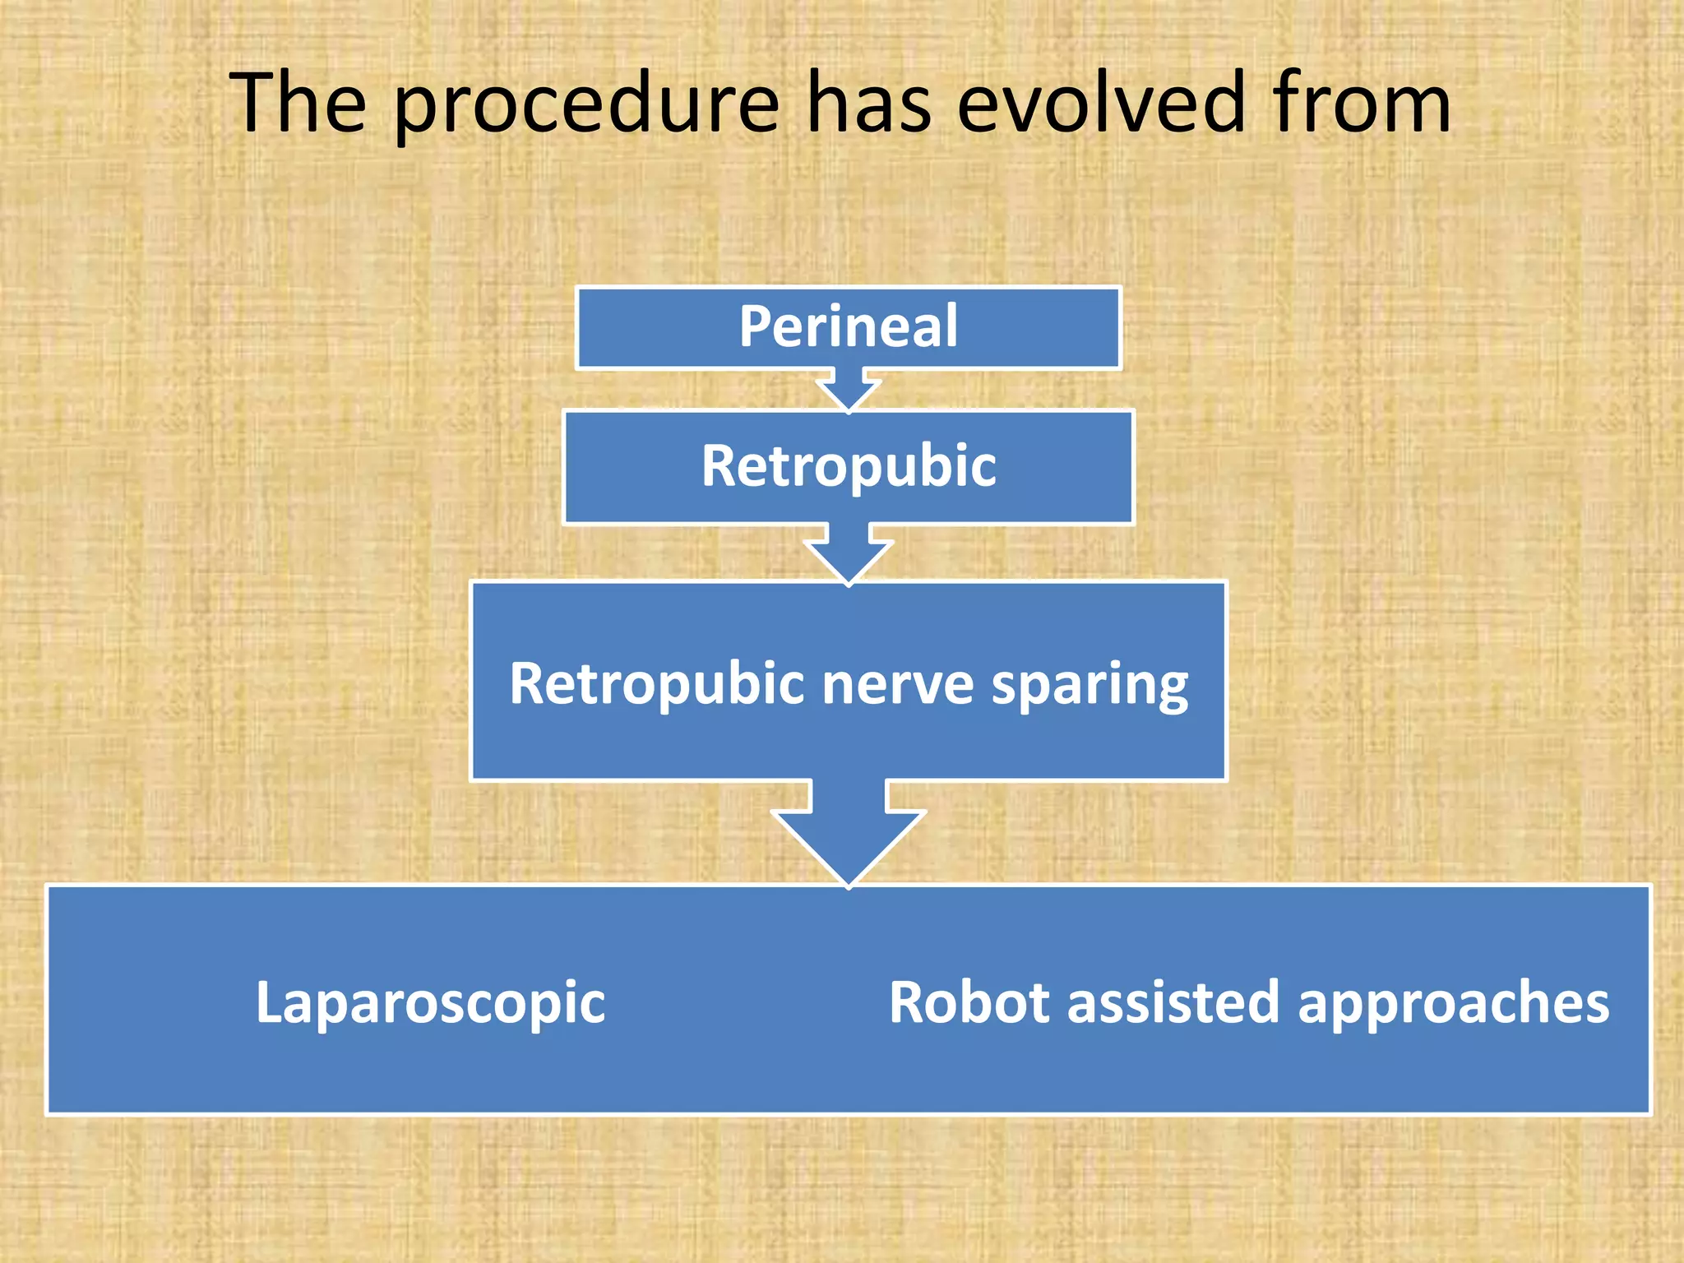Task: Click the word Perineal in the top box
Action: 848,326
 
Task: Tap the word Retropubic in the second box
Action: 848,466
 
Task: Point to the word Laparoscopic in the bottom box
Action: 430,1003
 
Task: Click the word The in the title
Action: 298,103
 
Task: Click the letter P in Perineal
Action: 755,326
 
